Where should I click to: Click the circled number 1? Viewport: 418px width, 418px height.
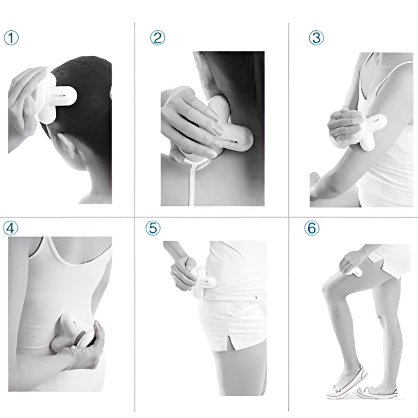click(11, 38)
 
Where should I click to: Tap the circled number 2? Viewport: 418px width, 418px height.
click(157, 38)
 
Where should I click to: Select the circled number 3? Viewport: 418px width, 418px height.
click(316, 38)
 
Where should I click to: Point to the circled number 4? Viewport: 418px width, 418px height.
click(10, 228)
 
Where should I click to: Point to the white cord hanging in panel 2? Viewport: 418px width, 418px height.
click(192, 184)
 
